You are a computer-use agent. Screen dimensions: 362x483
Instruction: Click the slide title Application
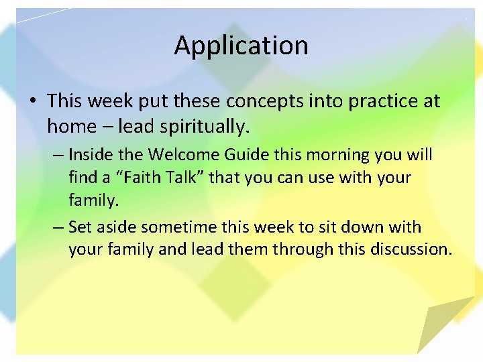pyautogui.click(x=241, y=46)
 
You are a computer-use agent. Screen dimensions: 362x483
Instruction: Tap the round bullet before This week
pyautogui.click(x=32, y=102)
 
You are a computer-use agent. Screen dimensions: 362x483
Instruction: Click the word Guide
pyautogui.click(x=244, y=155)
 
